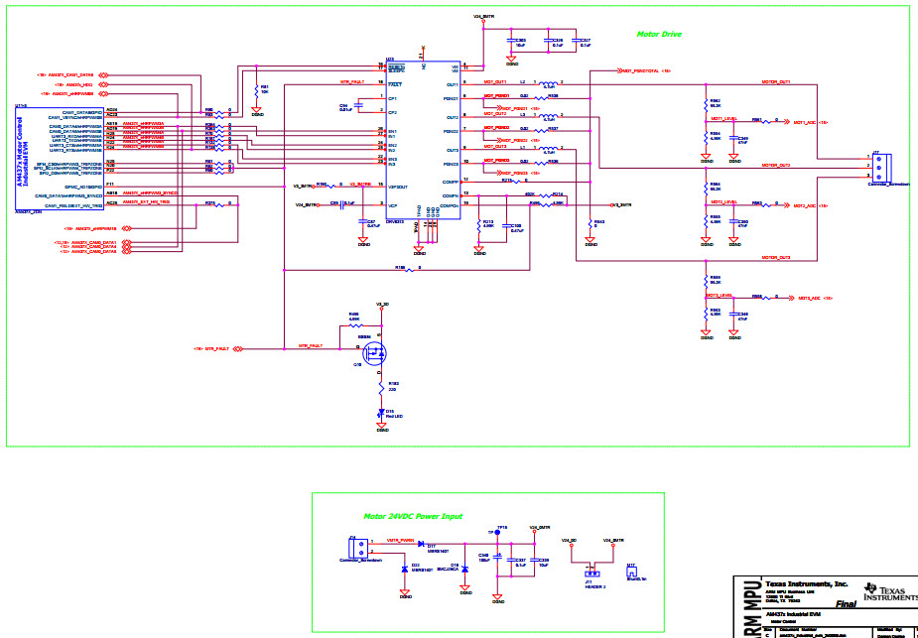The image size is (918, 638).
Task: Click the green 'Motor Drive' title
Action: point(659,35)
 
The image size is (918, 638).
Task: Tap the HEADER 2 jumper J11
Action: point(591,572)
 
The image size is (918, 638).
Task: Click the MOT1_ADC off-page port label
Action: point(804,121)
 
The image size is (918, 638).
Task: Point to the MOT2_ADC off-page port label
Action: point(804,204)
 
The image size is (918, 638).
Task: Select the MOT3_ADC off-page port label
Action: point(804,298)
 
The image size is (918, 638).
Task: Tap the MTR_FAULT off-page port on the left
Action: point(218,349)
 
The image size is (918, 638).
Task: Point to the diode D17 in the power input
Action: point(421,544)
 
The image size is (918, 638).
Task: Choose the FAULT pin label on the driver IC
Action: point(394,84)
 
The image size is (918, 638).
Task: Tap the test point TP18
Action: point(499,533)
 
